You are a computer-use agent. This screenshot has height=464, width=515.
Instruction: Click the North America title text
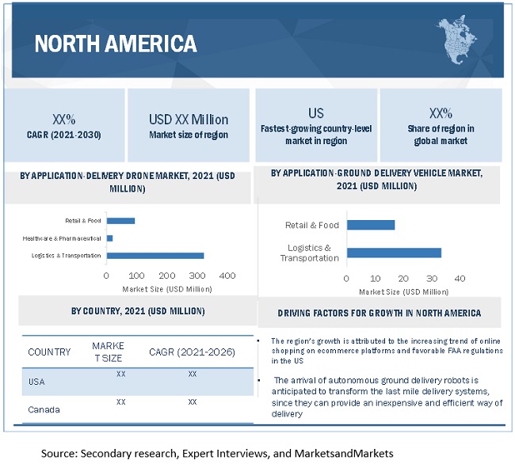coord(115,42)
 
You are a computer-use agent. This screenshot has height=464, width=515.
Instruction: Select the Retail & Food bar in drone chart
coord(120,220)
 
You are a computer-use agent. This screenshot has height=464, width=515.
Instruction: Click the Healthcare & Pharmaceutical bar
coord(109,238)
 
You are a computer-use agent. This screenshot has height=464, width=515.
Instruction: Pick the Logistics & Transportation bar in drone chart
coord(155,255)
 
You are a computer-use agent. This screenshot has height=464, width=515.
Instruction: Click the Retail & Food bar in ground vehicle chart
coord(371,225)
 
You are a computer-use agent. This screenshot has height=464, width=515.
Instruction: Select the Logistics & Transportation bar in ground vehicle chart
coord(394,253)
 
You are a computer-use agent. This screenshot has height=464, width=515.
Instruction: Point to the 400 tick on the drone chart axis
coord(227,276)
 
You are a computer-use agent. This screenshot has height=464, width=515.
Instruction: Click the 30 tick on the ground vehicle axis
coord(433,279)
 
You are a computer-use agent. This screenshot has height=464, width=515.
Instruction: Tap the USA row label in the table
coord(38,382)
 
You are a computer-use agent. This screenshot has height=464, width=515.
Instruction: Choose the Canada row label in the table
coord(44,410)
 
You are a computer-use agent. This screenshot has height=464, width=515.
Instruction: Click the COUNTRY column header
coord(49,352)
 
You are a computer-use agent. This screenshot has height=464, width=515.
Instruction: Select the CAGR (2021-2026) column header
coord(192,352)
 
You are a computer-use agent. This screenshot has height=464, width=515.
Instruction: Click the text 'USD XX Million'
coord(189,120)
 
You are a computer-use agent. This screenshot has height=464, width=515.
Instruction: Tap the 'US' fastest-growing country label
coord(316,113)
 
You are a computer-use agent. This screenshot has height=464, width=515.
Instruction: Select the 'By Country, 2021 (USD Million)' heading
coord(138,311)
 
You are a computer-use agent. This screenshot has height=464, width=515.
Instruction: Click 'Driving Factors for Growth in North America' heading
coord(380,313)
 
